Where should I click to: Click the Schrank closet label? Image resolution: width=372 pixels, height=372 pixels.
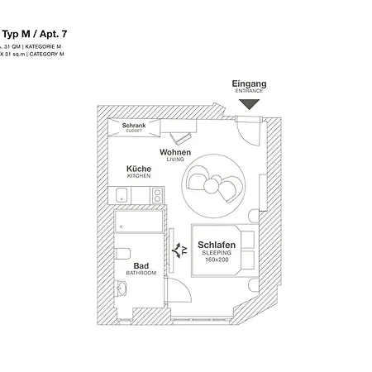[134, 127]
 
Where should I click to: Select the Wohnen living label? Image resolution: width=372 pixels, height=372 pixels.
[175, 155]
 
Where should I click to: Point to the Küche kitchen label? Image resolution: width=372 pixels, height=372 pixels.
[138, 171]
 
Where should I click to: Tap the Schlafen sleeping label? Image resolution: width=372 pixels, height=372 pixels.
[217, 246]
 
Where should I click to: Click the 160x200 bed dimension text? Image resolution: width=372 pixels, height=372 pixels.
[217, 262]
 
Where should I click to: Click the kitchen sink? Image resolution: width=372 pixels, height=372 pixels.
[122, 195]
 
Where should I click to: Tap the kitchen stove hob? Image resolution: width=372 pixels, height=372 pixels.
[155, 195]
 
